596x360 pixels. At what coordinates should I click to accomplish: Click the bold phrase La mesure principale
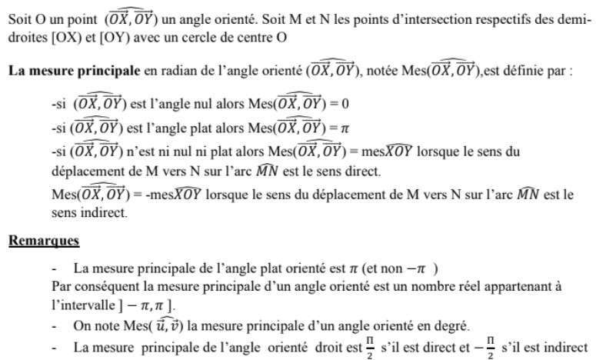coord(74,72)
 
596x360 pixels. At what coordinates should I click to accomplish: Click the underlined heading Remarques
coord(44,241)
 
